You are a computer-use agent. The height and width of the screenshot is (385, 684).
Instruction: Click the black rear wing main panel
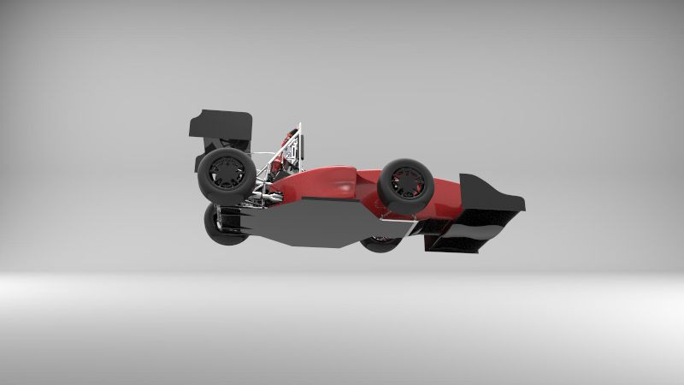tap(221, 125)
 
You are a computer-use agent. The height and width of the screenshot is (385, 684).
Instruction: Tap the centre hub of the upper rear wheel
tap(227, 170)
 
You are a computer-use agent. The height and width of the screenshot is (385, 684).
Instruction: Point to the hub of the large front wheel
tap(405, 182)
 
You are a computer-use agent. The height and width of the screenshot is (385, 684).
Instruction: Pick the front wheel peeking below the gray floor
tap(380, 244)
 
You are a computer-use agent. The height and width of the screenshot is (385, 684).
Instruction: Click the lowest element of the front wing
tap(462, 244)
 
